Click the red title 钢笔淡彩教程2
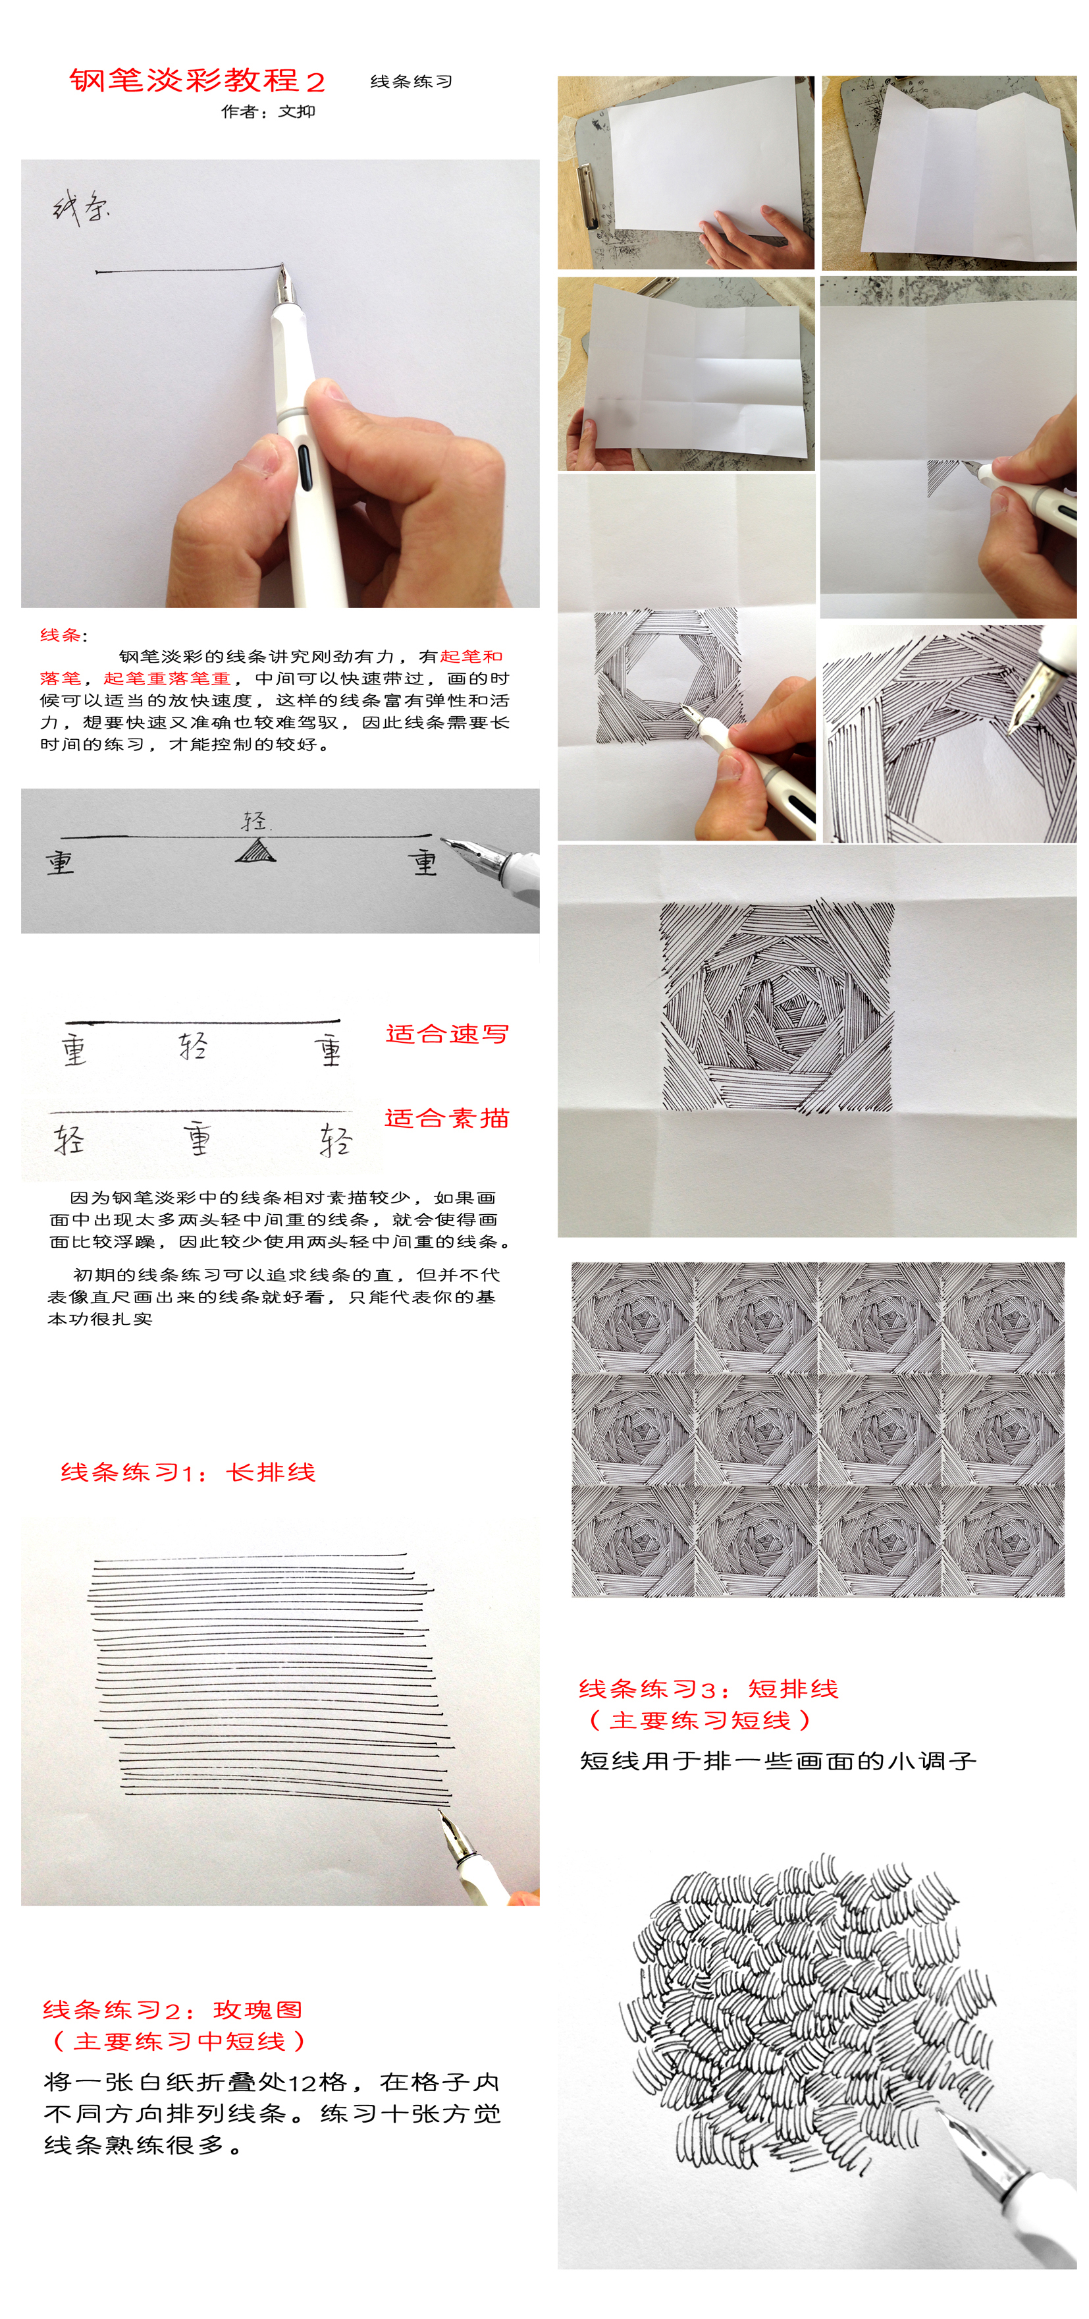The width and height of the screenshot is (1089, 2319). click(197, 81)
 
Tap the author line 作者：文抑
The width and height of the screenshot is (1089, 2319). click(268, 111)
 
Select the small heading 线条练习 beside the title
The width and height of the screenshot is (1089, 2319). click(412, 82)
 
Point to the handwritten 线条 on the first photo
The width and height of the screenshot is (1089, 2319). click(81, 208)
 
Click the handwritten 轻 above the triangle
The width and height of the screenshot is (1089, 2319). click(255, 821)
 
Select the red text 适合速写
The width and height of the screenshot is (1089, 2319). click(447, 1034)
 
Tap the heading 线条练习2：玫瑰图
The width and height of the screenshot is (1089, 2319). click(172, 2010)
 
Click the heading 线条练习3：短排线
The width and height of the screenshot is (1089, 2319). click(708, 1689)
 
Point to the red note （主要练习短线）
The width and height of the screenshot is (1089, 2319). click(699, 1720)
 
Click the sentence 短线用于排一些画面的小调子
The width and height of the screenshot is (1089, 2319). click(778, 1761)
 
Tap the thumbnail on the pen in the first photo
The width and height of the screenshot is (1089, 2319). click(323, 391)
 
